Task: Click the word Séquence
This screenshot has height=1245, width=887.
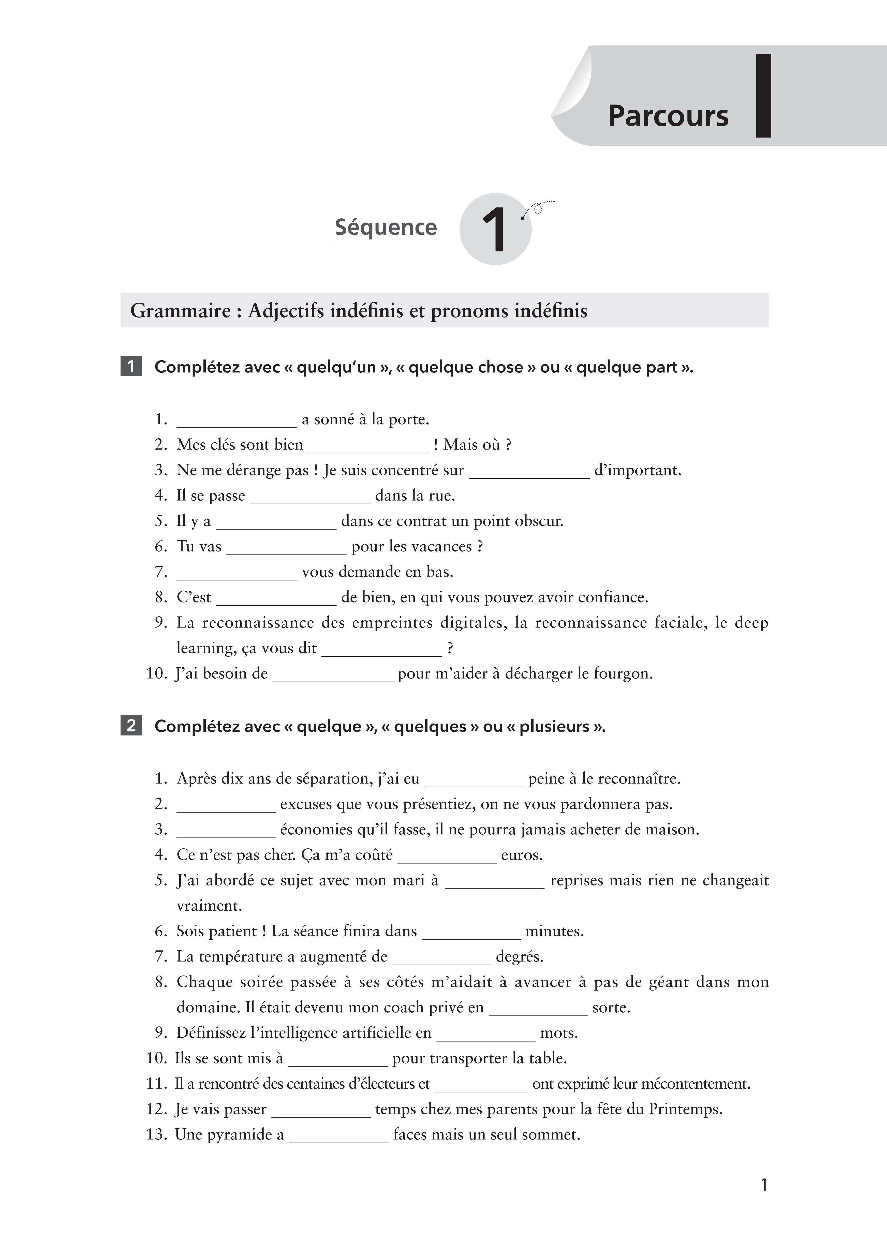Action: (386, 227)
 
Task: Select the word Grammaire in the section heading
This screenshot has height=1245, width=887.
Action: (180, 311)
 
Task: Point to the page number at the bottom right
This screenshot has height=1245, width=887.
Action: (764, 1185)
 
